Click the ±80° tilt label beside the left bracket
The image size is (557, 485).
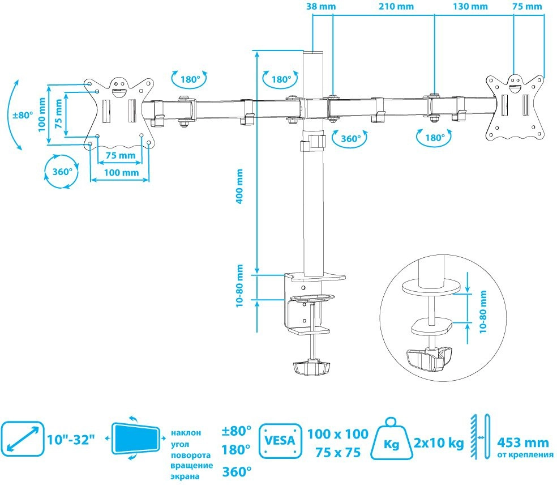[23, 115]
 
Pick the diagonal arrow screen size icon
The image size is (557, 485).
[23, 439]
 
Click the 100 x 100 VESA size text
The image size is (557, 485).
[338, 434]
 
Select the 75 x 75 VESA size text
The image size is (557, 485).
[338, 453]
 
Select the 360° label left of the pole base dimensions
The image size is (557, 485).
[59, 172]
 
